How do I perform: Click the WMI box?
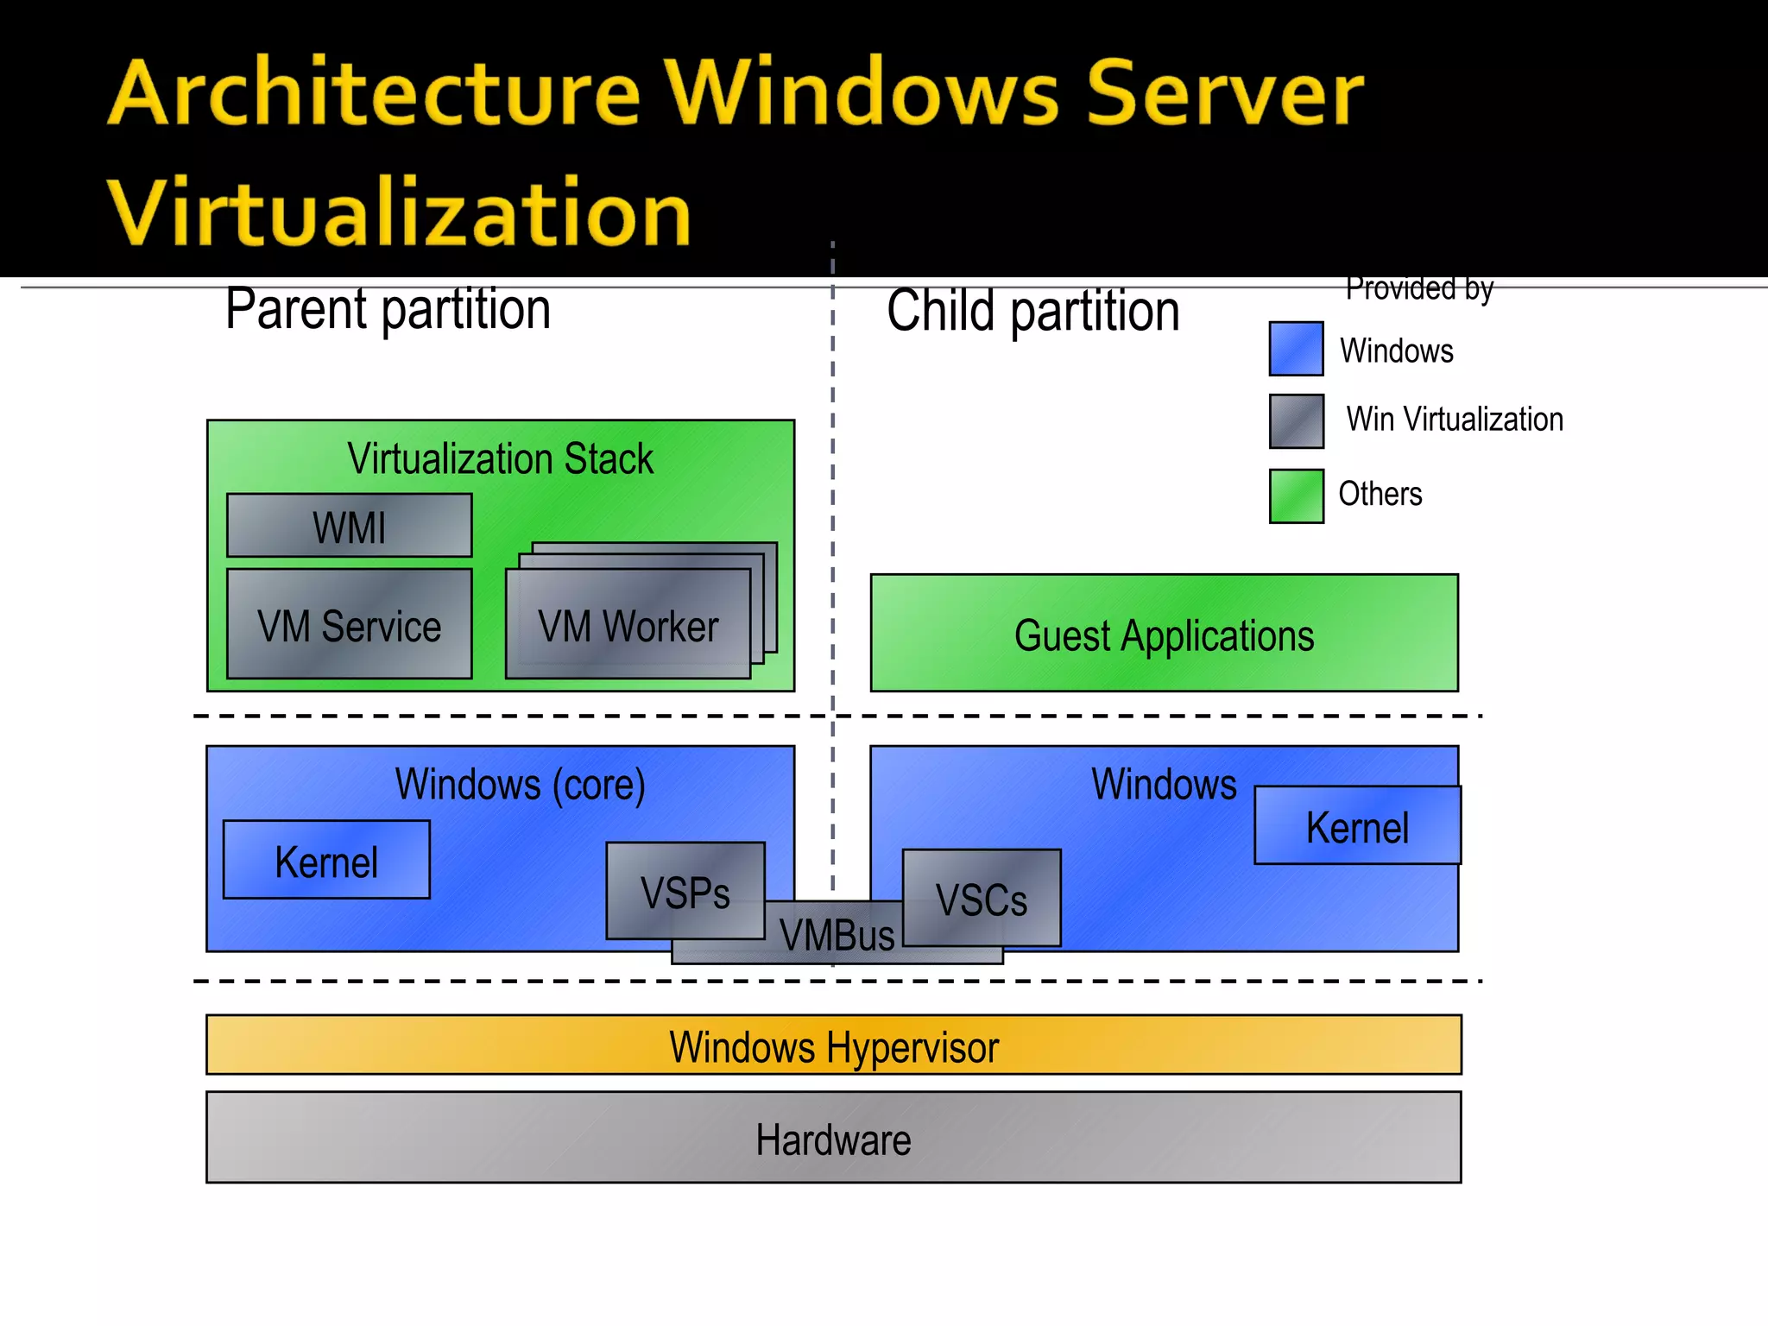click(x=349, y=526)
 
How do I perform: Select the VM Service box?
click(x=349, y=624)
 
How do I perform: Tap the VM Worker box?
click(x=628, y=625)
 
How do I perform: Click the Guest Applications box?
click(x=1164, y=634)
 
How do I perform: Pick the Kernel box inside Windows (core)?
click(x=326, y=860)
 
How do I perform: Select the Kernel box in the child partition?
click(x=1357, y=825)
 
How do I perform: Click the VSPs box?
click(x=685, y=890)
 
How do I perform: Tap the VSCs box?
click(x=982, y=898)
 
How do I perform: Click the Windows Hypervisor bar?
click(x=833, y=1045)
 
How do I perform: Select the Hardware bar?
click(x=833, y=1138)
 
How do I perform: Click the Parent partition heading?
click(x=388, y=309)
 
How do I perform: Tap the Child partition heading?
click(x=1032, y=311)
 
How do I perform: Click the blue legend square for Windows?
click(x=1296, y=349)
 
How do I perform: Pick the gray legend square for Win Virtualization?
click(x=1296, y=421)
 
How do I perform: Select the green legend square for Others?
click(x=1296, y=496)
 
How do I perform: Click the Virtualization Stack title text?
click(x=500, y=458)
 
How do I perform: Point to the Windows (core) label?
click(x=520, y=784)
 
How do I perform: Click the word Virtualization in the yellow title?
click(x=399, y=212)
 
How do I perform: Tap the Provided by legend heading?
click(x=1419, y=288)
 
